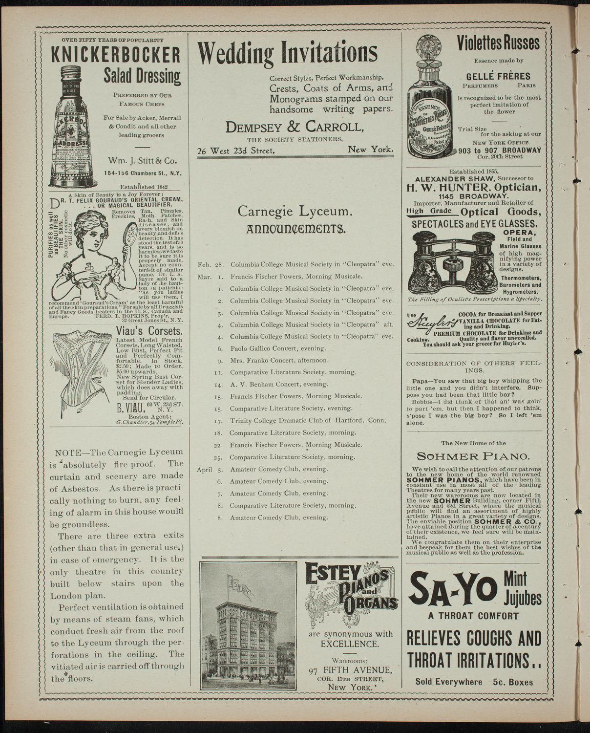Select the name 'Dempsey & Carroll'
[x=295, y=128]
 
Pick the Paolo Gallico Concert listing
[x=271, y=348]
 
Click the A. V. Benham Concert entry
[x=272, y=384]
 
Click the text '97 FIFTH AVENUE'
[x=350, y=669]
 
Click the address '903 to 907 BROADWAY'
[x=499, y=150]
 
